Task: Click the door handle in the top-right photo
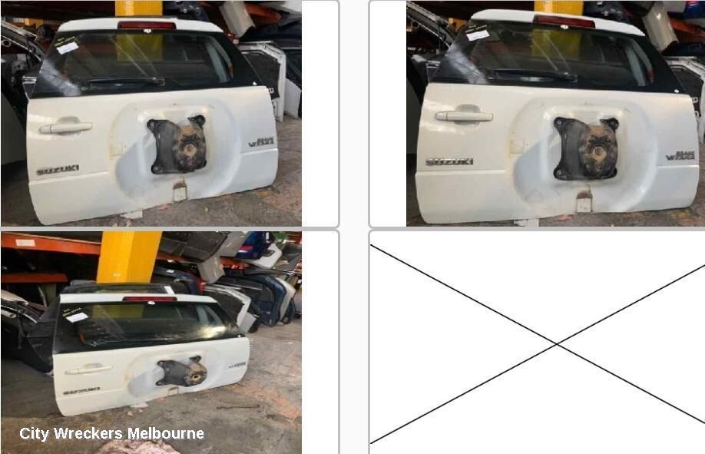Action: (x=464, y=115)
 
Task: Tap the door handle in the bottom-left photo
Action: (x=88, y=369)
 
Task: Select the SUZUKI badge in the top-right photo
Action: (x=449, y=162)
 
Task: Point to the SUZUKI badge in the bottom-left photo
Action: (x=81, y=390)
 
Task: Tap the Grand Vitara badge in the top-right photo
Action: (x=680, y=155)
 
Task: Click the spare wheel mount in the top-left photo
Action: (x=177, y=144)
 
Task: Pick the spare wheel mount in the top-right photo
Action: (x=587, y=147)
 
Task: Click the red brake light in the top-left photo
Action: (x=147, y=25)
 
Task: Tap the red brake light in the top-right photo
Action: (x=564, y=22)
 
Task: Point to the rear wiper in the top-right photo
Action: (x=534, y=75)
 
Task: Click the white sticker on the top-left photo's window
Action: (x=68, y=48)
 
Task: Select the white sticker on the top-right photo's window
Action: (x=478, y=35)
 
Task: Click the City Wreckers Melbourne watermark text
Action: (x=112, y=433)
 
